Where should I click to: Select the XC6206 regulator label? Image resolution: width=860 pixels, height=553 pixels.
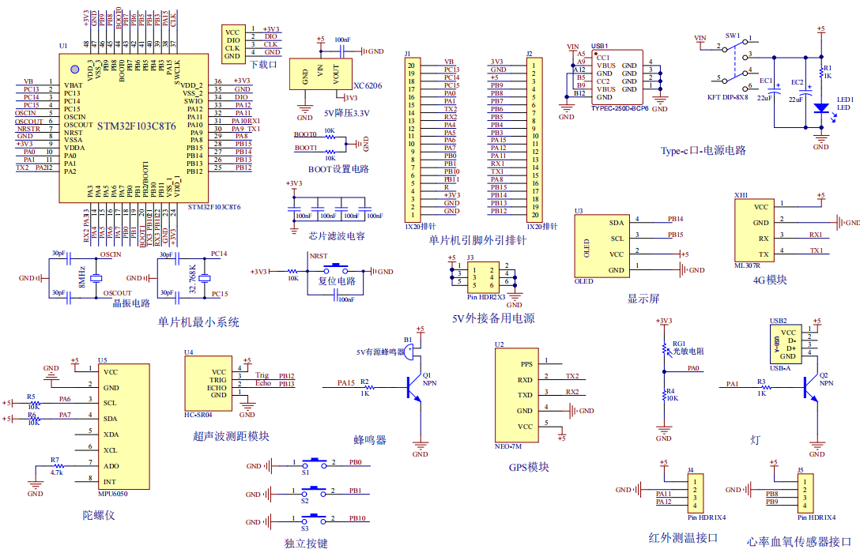(x=368, y=85)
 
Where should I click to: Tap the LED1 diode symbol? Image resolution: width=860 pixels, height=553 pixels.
(x=821, y=107)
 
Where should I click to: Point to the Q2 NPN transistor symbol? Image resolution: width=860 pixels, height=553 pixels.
(x=809, y=386)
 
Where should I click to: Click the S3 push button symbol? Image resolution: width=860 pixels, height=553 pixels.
(x=316, y=519)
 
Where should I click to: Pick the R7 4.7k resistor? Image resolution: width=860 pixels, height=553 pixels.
(x=58, y=466)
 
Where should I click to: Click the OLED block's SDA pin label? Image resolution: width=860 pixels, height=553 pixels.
(x=617, y=223)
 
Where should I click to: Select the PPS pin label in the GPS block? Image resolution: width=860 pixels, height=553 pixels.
(x=526, y=364)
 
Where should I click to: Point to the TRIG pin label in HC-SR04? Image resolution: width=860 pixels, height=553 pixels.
(x=218, y=379)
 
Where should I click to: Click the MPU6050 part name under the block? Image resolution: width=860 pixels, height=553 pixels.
(x=112, y=494)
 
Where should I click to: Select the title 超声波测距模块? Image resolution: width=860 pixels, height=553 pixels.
(x=231, y=435)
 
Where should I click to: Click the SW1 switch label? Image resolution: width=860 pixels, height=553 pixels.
(x=733, y=36)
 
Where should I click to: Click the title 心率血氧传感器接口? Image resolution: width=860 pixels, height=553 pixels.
(x=798, y=541)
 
